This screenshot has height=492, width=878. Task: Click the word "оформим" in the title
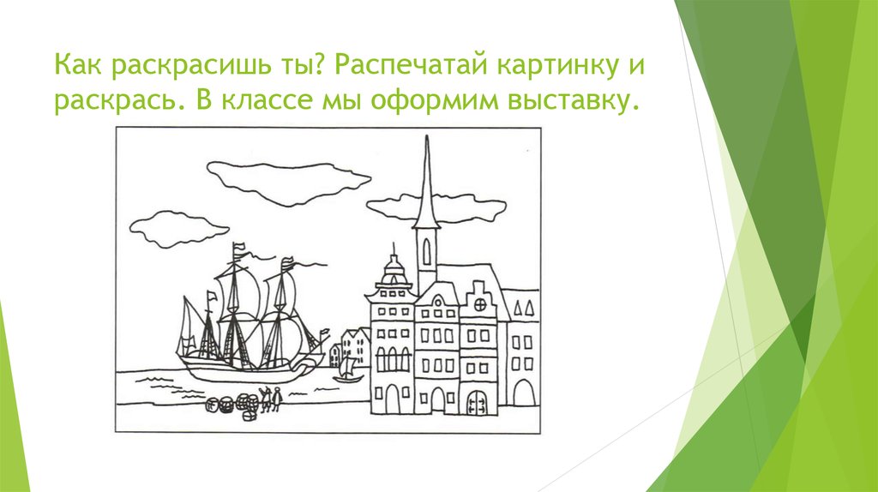[424, 103]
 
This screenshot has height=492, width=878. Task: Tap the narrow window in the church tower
[426, 249]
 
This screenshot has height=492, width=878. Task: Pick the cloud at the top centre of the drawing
[287, 180]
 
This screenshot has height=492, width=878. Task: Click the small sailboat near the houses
[347, 369]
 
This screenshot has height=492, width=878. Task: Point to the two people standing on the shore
[272, 399]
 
